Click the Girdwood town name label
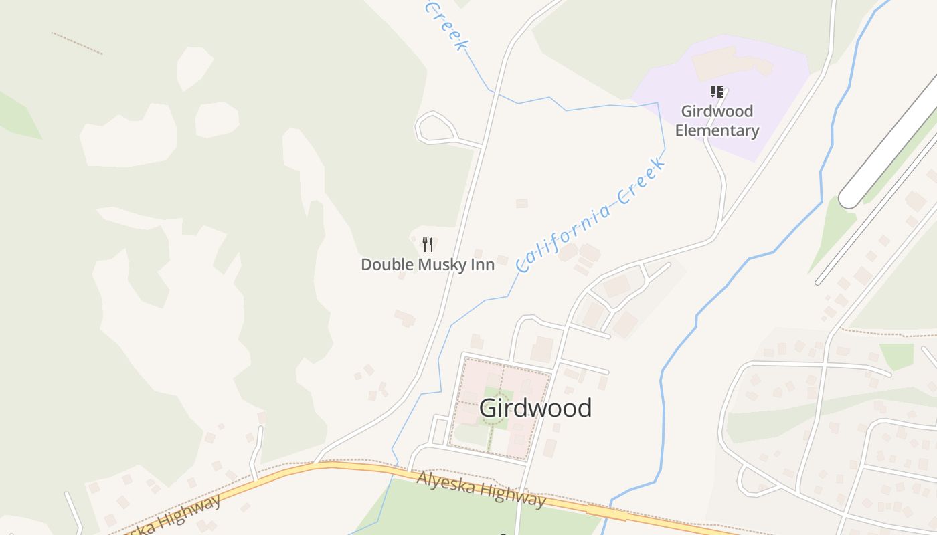pyautogui.click(x=535, y=408)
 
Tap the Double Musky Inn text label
pyautogui.click(x=428, y=265)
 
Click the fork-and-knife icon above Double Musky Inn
pyautogui.click(x=428, y=245)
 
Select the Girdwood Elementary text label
pyautogui.click(x=717, y=121)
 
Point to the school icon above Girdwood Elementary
pyautogui.click(x=717, y=92)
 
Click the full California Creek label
pyautogui.click(x=592, y=213)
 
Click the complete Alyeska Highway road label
pyautogui.click(x=481, y=490)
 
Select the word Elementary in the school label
pyautogui.click(x=717, y=130)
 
